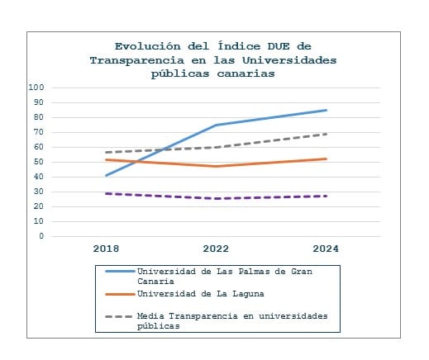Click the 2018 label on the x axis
(106, 249)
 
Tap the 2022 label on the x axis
(216, 249)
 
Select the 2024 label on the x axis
(326, 249)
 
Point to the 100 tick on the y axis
(36, 88)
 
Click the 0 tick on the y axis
(41, 236)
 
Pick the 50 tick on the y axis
(39, 162)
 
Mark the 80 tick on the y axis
(39, 117)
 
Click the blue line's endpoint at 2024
(327, 111)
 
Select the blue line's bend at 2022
(217, 126)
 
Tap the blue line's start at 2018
(107, 176)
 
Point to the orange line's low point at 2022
(217, 166)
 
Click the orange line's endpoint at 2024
(327, 159)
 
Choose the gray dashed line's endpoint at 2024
(327, 134)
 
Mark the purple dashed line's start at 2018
(107, 193)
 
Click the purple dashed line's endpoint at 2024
(327, 196)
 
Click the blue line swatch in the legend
(120, 272)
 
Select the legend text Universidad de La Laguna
(201, 294)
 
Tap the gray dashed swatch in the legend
(119, 316)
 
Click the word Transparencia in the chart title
(137, 61)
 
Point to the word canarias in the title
(246, 73)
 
